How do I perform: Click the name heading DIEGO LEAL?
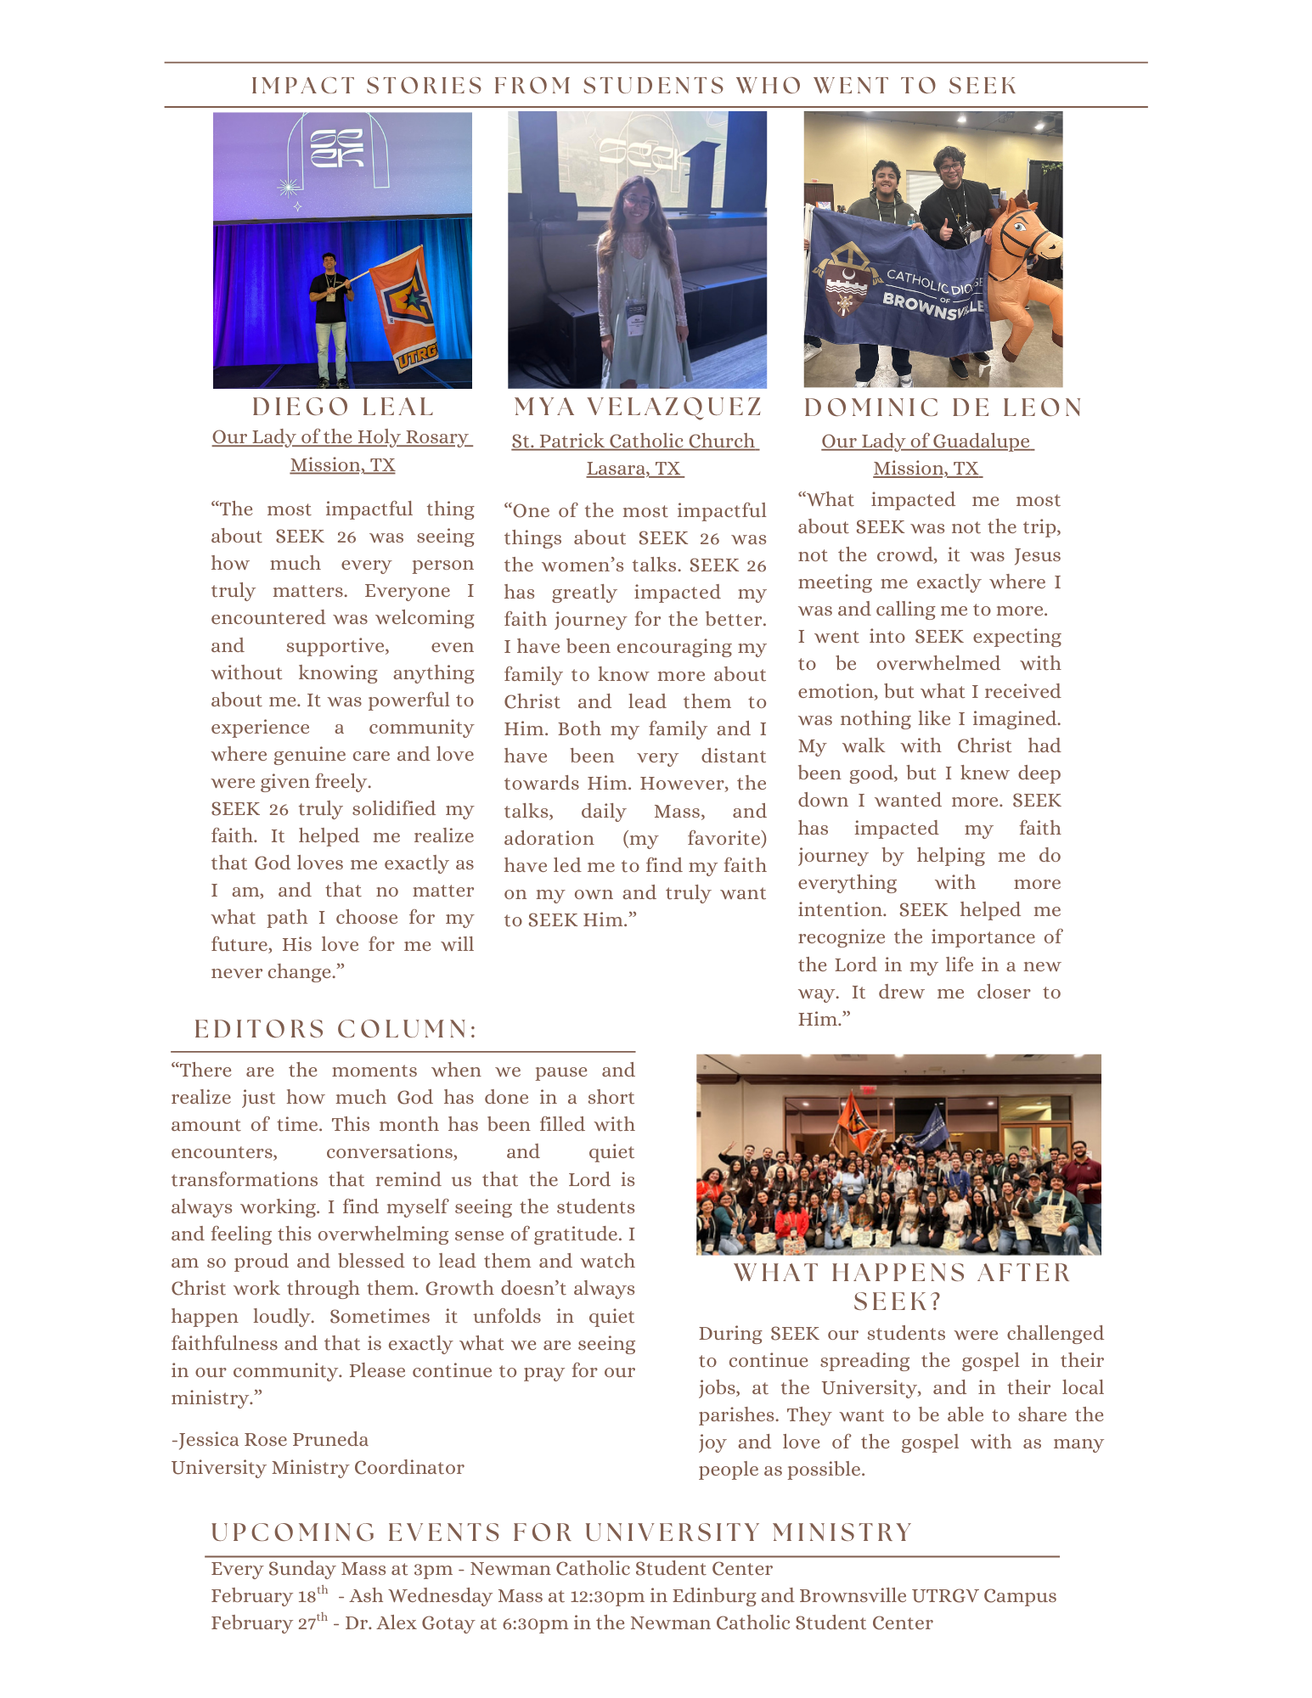pyautogui.click(x=342, y=408)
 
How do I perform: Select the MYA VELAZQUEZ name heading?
pyautogui.click(x=638, y=408)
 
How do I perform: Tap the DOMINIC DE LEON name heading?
pyautogui.click(x=943, y=408)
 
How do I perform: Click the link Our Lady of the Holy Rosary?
pyautogui.click(x=341, y=437)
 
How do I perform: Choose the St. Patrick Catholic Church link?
pyautogui.click(x=633, y=441)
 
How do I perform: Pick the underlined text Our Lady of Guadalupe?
pyautogui.click(x=926, y=441)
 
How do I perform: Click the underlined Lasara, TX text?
pyautogui.click(x=633, y=469)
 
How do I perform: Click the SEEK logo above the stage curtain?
pyautogui.click(x=337, y=149)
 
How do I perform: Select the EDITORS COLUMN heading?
pyautogui.click(x=335, y=1030)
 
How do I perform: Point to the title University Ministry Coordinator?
pyautogui.click(x=318, y=1468)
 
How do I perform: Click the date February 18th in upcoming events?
pyautogui.click(x=268, y=1596)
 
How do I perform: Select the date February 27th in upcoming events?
pyautogui.click(x=268, y=1623)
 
